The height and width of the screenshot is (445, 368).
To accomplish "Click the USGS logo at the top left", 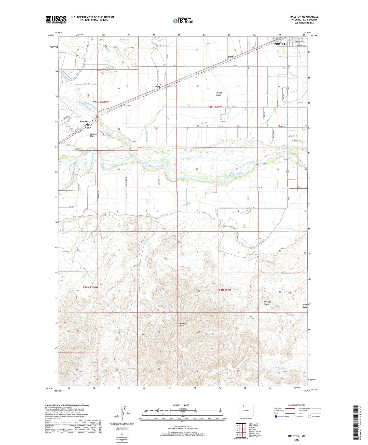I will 56,19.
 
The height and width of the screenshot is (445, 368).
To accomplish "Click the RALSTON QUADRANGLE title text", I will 304,17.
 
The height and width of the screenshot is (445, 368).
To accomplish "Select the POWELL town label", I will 280,44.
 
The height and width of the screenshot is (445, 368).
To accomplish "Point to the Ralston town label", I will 84,121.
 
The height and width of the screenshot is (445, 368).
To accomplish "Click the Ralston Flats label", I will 92,135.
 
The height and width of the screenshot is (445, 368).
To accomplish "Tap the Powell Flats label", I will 219,94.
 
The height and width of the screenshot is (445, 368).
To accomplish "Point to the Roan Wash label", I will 304,306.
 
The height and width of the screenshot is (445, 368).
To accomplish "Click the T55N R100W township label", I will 101,102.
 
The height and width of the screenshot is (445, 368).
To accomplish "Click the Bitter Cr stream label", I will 124,40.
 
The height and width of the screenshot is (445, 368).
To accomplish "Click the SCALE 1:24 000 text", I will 181,405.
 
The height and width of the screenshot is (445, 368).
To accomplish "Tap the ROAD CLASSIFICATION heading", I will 297,405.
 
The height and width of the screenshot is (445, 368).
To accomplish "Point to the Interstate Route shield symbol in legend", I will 276,417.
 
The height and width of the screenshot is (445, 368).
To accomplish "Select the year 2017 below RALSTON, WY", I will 297,440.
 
